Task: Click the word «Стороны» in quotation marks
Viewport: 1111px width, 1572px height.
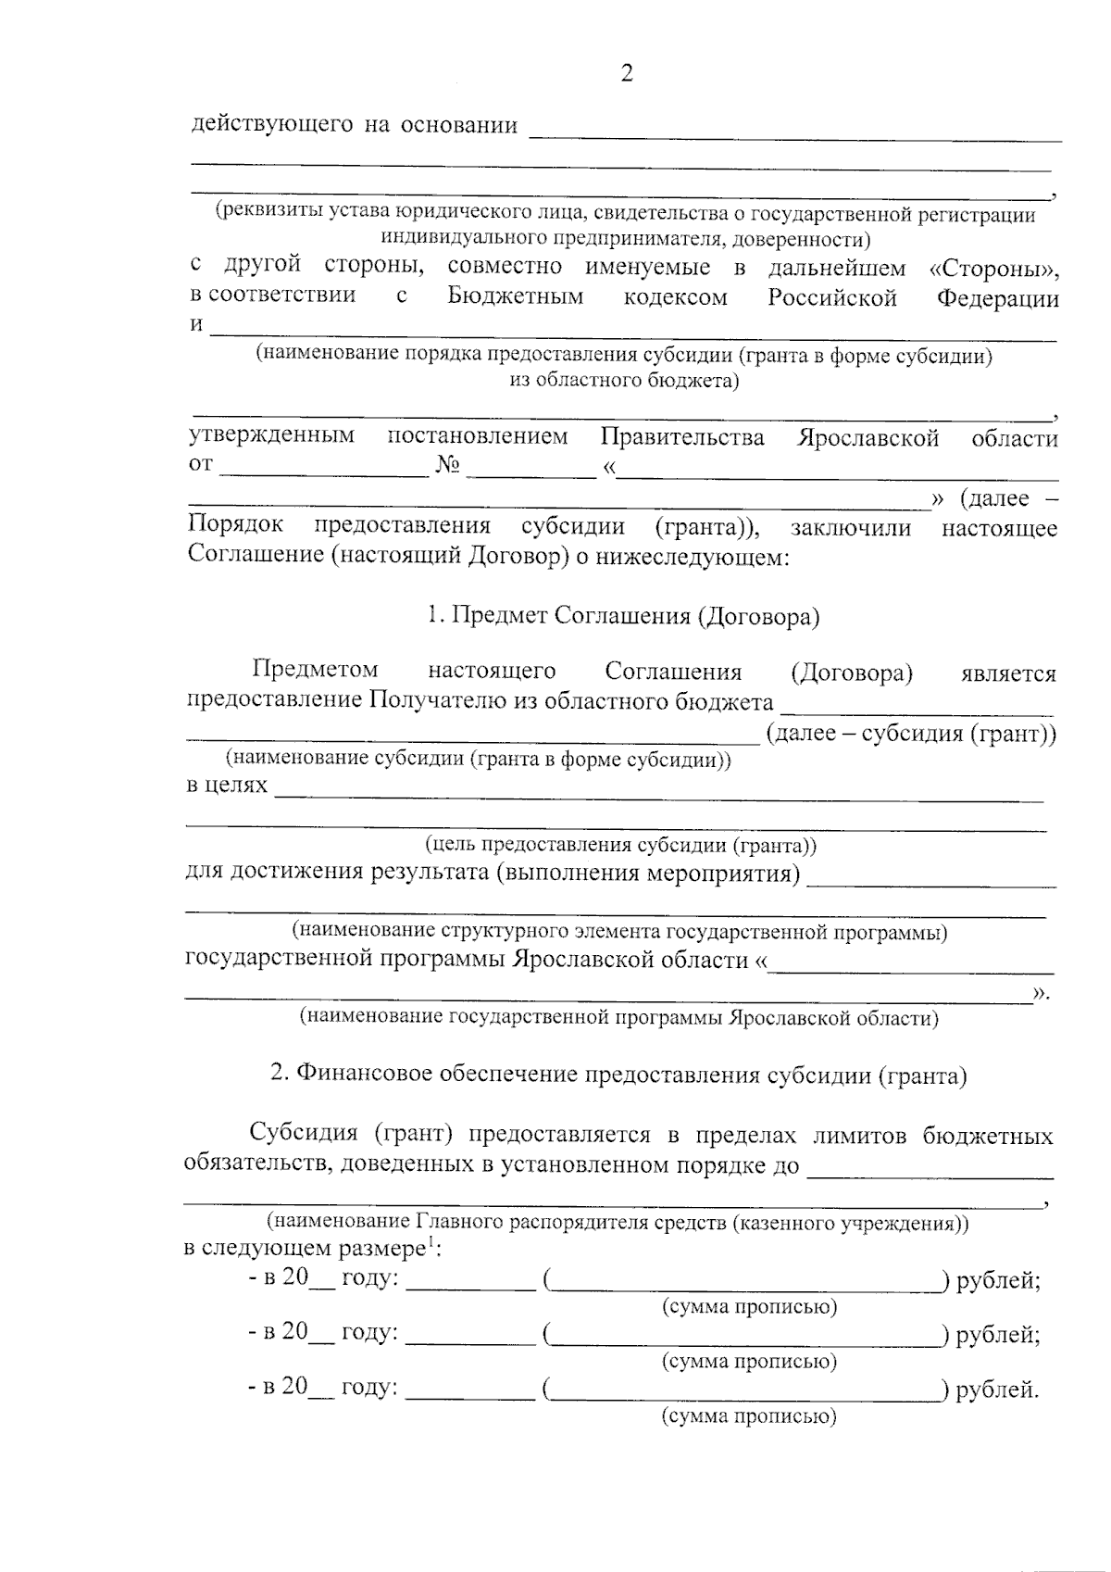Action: (992, 269)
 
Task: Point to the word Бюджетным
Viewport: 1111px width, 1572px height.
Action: (515, 297)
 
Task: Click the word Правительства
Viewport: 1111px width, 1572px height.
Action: (682, 438)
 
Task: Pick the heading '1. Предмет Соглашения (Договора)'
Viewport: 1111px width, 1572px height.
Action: (623, 617)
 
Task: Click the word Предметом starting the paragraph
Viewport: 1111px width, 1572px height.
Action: (315, 670)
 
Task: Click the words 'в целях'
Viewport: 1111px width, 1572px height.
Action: (227, 786)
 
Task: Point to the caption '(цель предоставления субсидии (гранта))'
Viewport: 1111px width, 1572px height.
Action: (620, 845)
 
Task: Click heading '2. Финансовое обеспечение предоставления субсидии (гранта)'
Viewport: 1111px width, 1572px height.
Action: (618, 1075)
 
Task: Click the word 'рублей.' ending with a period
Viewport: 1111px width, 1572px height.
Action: (997, 1390)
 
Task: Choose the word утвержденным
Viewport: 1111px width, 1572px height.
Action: (271, 436)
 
